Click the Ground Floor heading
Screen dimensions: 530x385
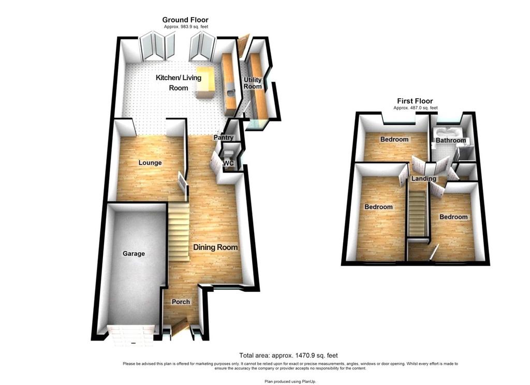185,20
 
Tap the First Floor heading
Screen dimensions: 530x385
415,101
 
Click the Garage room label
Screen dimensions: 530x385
134,254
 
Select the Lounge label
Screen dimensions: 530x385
150,163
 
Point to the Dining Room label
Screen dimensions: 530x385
215,247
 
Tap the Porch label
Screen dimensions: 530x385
181,302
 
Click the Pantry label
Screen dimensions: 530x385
224,138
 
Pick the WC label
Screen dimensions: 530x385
229,164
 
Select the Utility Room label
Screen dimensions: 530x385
253,83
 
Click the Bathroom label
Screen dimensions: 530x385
451,140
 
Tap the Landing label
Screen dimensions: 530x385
423,179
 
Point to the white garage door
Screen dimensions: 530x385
131,335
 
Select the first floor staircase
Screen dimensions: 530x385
417,214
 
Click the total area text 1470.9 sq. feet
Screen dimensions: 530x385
288,356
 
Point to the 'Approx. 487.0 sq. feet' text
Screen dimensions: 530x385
416,108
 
